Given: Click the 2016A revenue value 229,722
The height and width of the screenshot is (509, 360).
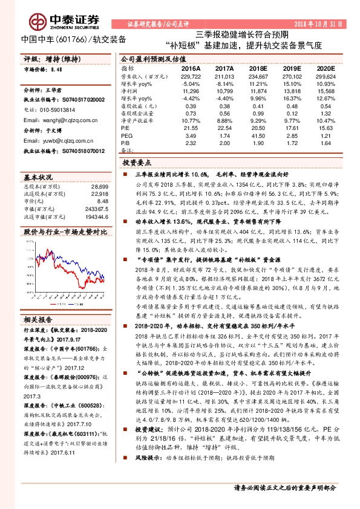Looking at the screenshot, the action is (x=190, y=76).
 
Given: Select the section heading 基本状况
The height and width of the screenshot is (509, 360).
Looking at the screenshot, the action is (x=38, y=178).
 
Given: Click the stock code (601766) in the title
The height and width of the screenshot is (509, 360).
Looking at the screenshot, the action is (x=65, y=41).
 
